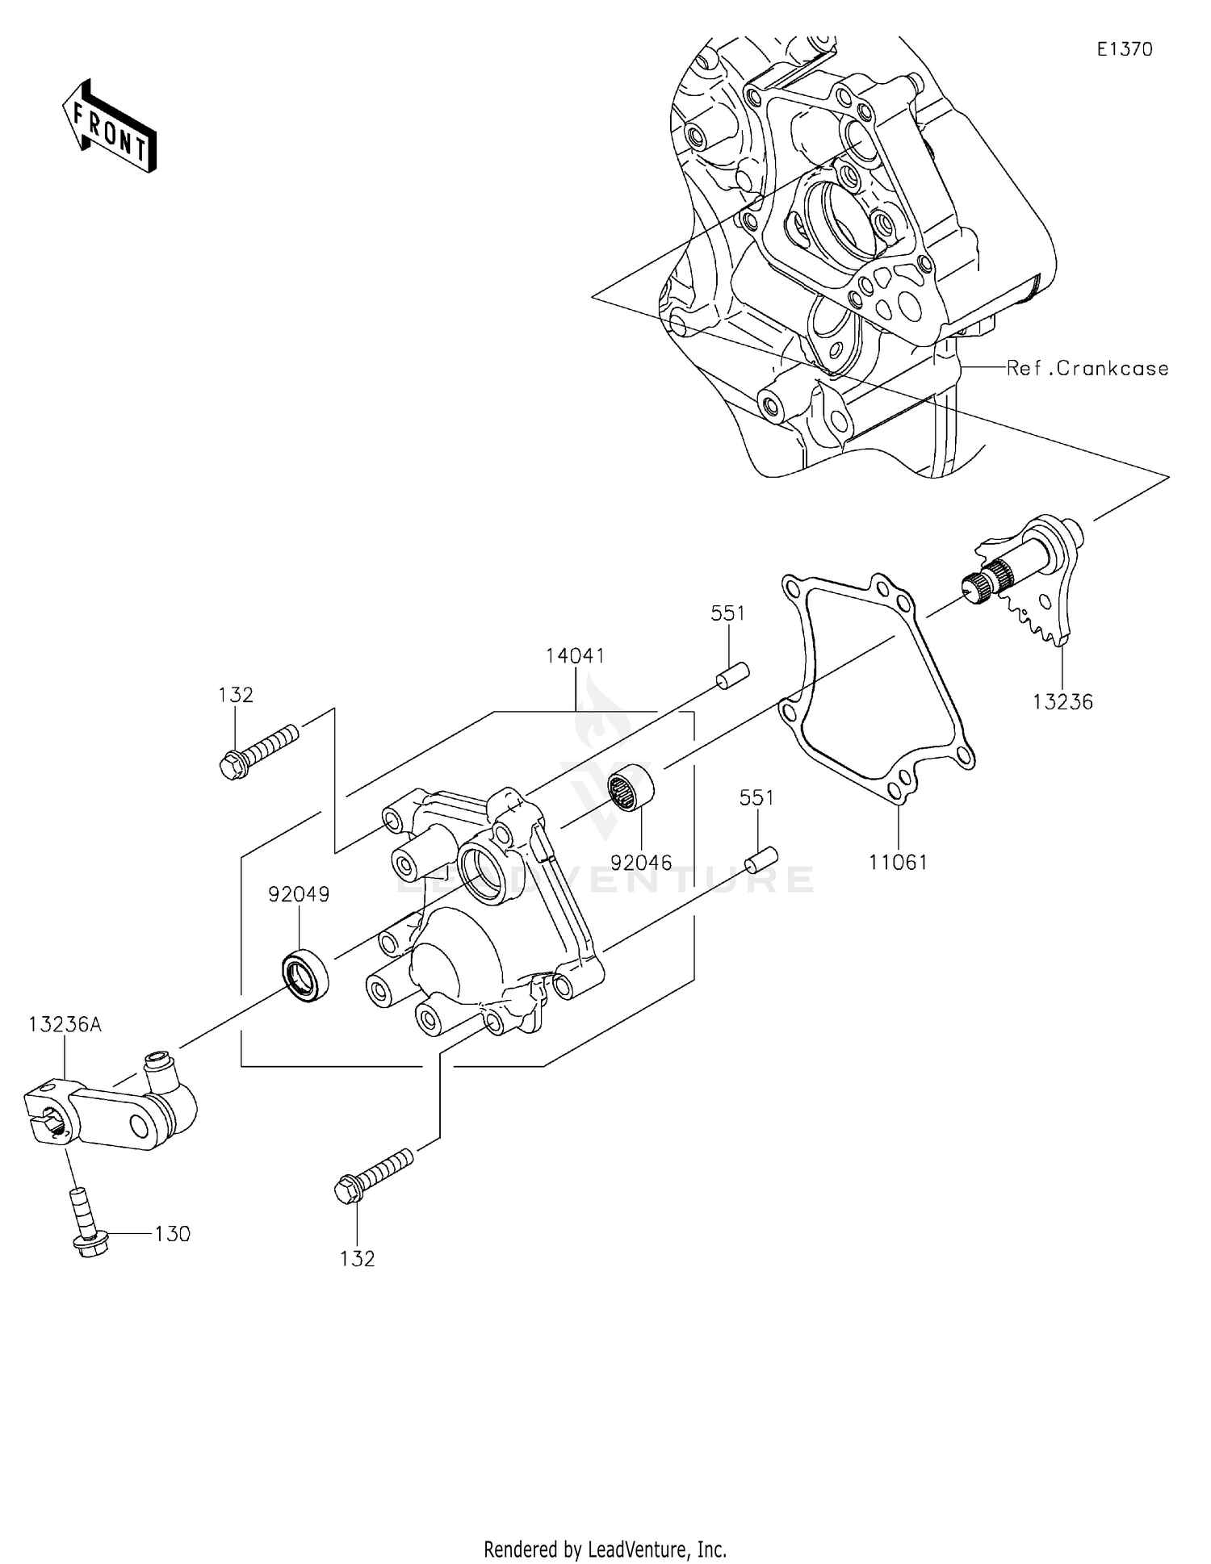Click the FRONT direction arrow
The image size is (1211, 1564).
[109, 127]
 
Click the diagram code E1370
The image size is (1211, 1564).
[1125, 49]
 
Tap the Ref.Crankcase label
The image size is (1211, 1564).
[1087, 369]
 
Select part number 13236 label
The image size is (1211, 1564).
[1062, 702]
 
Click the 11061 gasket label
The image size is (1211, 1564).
[898, 863]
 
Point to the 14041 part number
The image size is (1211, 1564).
[575, 655]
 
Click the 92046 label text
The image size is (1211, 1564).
[641, 863]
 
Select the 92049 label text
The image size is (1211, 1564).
[300, 894]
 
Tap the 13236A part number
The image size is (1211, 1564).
[65, 1025]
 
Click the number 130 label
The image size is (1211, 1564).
[173, 1234]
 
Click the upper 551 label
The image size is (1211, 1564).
[727, 613]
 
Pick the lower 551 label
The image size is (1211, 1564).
[756, 798]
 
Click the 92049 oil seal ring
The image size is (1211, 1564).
[305, 976]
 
